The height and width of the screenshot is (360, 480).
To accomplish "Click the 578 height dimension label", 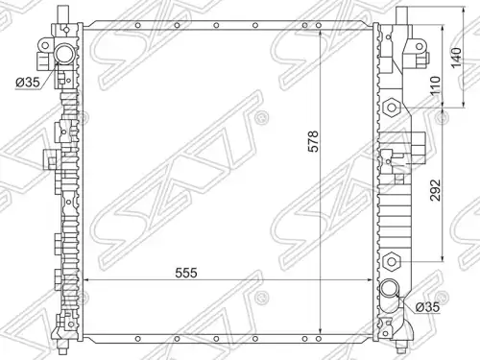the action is tap(313, 141).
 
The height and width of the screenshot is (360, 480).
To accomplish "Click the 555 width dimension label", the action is tap(186, 273).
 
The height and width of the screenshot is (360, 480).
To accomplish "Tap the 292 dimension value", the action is tap(435, 190).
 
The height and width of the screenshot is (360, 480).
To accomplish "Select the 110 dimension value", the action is tap(435, 85).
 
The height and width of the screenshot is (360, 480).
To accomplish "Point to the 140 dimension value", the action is tap(457, 58).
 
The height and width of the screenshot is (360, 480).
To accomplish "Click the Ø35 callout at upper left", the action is tap(28, 83).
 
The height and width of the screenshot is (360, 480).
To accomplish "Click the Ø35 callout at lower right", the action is tap(427, 307).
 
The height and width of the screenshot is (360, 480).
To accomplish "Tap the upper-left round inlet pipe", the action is tap(65, 55).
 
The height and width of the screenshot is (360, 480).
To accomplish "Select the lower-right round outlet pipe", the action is tap(390, 288).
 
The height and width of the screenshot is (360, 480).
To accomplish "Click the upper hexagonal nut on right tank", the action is tap(392, 107).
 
